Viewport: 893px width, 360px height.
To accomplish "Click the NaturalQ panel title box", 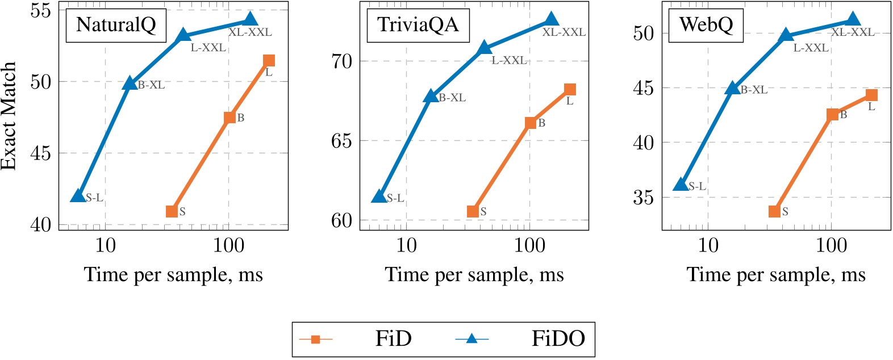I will coord(116,25).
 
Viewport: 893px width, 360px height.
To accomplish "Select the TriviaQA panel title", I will coord(418,25).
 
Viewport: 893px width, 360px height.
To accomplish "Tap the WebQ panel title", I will coord(706,25).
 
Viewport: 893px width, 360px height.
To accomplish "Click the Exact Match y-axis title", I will coord(9,116).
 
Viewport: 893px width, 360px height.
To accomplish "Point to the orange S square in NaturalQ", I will coord(172,211).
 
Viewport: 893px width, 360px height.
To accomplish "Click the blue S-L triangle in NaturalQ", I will coord(78,196).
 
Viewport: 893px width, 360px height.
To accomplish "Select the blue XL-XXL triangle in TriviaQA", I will coord(551,20).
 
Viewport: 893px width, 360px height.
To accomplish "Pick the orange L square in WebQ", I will coord(871,95).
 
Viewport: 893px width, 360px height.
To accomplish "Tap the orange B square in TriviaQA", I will coord(530,123).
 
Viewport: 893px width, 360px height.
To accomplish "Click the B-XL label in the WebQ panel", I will coord(754,90).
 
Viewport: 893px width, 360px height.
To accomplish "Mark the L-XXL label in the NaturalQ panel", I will coord(208,48).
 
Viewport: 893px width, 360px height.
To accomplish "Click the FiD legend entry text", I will coord(393,339).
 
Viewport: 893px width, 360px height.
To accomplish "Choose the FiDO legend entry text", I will coord(558,339).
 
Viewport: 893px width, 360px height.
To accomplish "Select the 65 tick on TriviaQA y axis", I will coord(342,140).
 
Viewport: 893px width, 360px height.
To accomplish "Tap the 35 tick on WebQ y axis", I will coord(643,198).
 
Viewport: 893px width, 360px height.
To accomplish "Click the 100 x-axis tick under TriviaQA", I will coord(529,246).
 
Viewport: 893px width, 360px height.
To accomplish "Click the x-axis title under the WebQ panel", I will coord(776,275).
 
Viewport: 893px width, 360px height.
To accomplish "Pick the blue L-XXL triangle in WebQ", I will coord(786,35).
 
